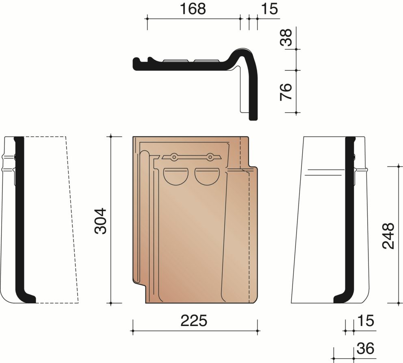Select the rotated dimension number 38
[286, 37]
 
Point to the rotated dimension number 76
[286, 92]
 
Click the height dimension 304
[100, 221]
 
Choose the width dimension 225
[194, 321]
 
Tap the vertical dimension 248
[388, 236]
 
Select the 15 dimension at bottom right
[366, 321]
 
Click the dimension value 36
[366, 349]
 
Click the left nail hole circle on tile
[174, 157]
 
